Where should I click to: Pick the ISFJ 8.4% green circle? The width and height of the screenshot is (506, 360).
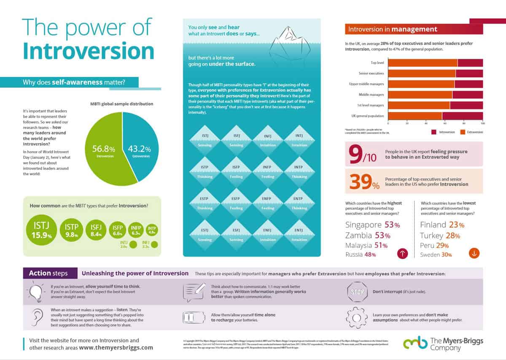(x=97, y=231)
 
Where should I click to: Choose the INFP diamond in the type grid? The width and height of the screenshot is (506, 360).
(x=267, y=173)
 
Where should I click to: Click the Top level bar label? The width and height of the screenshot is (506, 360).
(x=377, y=63)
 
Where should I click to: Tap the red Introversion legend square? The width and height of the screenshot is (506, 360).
(x=433, y=132)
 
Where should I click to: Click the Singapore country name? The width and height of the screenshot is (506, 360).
(x=363, y=225)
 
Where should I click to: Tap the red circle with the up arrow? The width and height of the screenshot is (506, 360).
(x=403, y=253)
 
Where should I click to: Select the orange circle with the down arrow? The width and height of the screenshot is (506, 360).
(x=474, y=253)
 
